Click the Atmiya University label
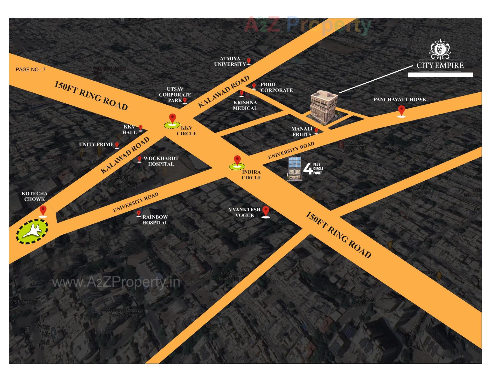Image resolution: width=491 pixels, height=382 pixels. click(x=230, y=61)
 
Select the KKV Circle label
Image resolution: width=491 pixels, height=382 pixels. click(x=186, y=130)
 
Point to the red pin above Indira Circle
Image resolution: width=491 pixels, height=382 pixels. click(x=237, y=160)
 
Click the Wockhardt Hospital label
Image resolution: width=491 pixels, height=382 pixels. click(x=161, y=161)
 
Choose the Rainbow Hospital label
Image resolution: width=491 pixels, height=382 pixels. click(x=155, y=220)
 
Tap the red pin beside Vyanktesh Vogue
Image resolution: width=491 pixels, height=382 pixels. click(x=266, y=212)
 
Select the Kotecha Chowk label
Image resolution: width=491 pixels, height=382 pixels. click(x=35, y=196)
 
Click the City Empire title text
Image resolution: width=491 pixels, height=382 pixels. click(x=440, y=66)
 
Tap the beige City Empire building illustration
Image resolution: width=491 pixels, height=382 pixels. click(x=323, y=107)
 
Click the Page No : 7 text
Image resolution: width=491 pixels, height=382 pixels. click(x=31, y=70)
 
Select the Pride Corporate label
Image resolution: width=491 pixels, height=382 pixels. click(x=276, y=87)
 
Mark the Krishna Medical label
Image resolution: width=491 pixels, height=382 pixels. click(x=245, y=105)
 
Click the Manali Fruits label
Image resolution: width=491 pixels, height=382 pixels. click(x=302, y=132)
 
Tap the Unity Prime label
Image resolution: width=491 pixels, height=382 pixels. click(x=96, y=144)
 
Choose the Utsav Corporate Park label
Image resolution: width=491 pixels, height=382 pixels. click(x=175, y=95)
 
